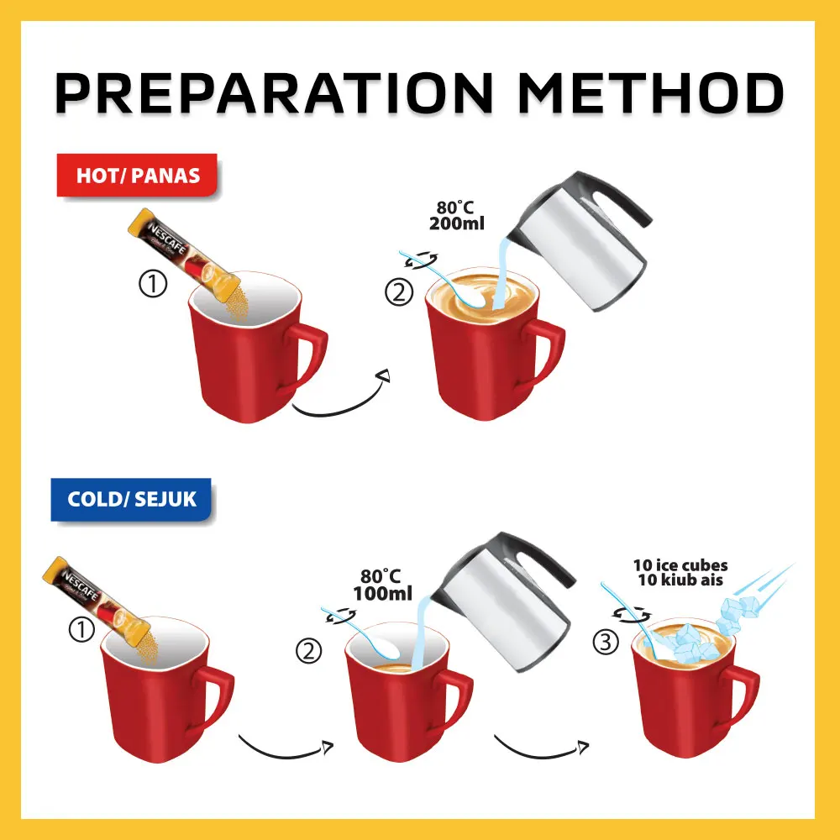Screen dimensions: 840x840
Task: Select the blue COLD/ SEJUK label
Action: [x=131, y=499]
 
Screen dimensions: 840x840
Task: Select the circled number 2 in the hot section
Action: [x=397, y=294]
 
